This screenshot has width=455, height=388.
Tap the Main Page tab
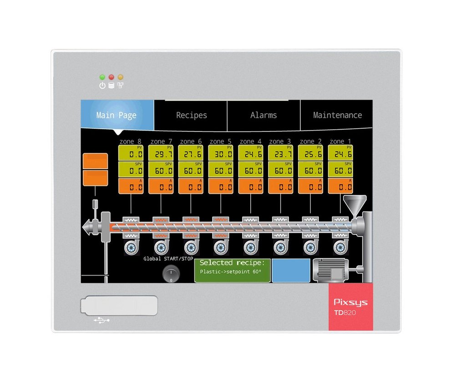tap(116, 115)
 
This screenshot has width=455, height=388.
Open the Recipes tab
tap(191, 115)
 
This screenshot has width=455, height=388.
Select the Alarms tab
tap(263, 115)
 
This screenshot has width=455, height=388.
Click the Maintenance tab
tap(337, 115)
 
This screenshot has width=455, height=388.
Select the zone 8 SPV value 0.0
tap(131, 170)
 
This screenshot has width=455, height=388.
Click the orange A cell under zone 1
tap(340, 186)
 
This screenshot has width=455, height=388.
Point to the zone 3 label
tap(280, 141)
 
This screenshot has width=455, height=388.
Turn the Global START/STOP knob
tap(171, 273)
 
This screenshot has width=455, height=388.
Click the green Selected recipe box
tap(233, 270)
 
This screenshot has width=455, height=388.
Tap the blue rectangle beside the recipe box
tap(291, 270)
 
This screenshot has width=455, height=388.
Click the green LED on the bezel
tap(102, 77)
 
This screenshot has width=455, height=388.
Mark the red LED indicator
tap(111, 77)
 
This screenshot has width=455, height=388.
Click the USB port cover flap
tap(119, 305)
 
